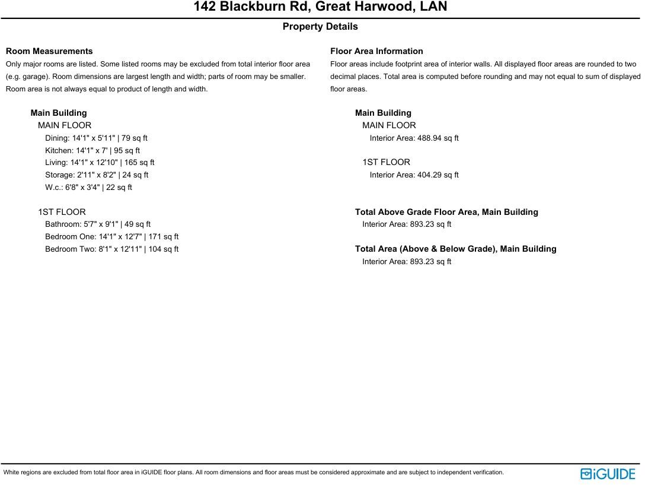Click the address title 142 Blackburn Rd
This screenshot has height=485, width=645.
tap(320, 7)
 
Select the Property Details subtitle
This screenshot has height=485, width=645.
tap(320, 27)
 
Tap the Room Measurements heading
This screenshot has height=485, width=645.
tap(49, 51)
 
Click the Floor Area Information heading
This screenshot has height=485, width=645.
tap(376, 51)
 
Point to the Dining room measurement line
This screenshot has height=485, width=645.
tap(96, 138)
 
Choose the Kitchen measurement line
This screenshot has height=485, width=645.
tap(92, 151)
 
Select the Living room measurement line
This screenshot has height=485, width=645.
tap(100, 163)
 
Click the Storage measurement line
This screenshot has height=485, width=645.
tap(97, 175)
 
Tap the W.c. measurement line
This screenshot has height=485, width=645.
tap(88, 188)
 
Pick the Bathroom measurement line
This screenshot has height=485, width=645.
tap(98, 224)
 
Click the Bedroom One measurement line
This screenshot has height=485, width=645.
tap(111, 237)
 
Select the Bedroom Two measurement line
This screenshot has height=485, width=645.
tap(111, 249)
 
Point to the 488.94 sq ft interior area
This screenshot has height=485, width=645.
tap(414, 138)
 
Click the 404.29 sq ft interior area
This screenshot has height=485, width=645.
tap(414, 175)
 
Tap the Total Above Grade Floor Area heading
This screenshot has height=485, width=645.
tap(446, 212)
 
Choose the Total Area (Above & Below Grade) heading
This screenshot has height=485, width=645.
tap(455, 249)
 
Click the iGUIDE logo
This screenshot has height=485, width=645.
tap(608, 474)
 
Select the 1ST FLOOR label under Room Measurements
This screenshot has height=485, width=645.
tap(62, 212)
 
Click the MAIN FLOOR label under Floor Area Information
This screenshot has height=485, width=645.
tap(389, 125)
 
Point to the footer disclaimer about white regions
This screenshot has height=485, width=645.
tap(254, 473)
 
